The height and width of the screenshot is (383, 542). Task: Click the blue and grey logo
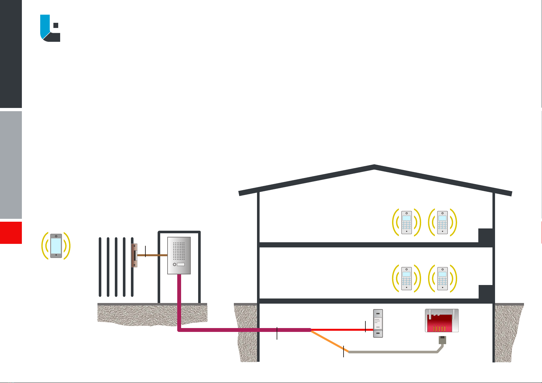(50, 28)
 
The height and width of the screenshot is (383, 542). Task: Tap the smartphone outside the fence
(56, 246)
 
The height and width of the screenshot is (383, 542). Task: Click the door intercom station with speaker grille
(179, 255)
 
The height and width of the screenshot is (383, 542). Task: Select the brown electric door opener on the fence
(134, 255)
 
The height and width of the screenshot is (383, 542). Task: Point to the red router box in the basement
(442, 321)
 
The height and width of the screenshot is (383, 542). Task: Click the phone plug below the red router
(443, 340)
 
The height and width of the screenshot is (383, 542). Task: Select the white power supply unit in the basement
(378, 323)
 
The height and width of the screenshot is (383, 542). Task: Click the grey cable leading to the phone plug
(392, 352)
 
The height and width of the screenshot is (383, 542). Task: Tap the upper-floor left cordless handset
(407, 222)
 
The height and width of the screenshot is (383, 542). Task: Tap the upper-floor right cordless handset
(443, 222)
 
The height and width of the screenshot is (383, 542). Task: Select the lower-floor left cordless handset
(407, 279)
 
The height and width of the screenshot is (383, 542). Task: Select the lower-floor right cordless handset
(443, 279)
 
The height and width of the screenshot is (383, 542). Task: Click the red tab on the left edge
(11, 233)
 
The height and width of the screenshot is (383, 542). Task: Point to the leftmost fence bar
(100, 267)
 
